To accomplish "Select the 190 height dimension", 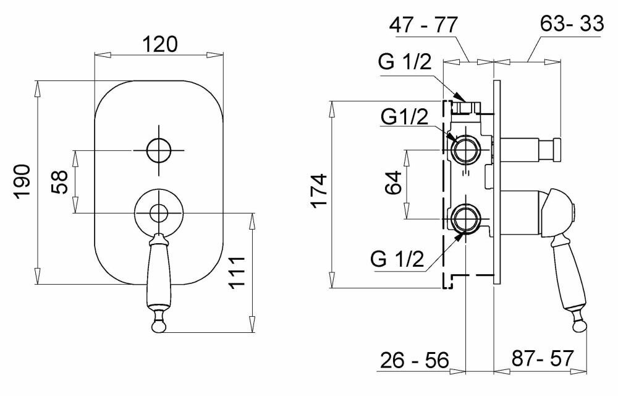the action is tap(22, 181).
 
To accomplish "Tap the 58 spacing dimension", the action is tap(60, 182).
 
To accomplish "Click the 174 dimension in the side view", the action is tap(318, 190).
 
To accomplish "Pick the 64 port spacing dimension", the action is tap(393, 182).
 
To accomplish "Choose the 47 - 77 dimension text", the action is tap(423, 25).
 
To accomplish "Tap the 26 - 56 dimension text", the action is tap(415, 359).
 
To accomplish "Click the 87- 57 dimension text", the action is tap(543, 358).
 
